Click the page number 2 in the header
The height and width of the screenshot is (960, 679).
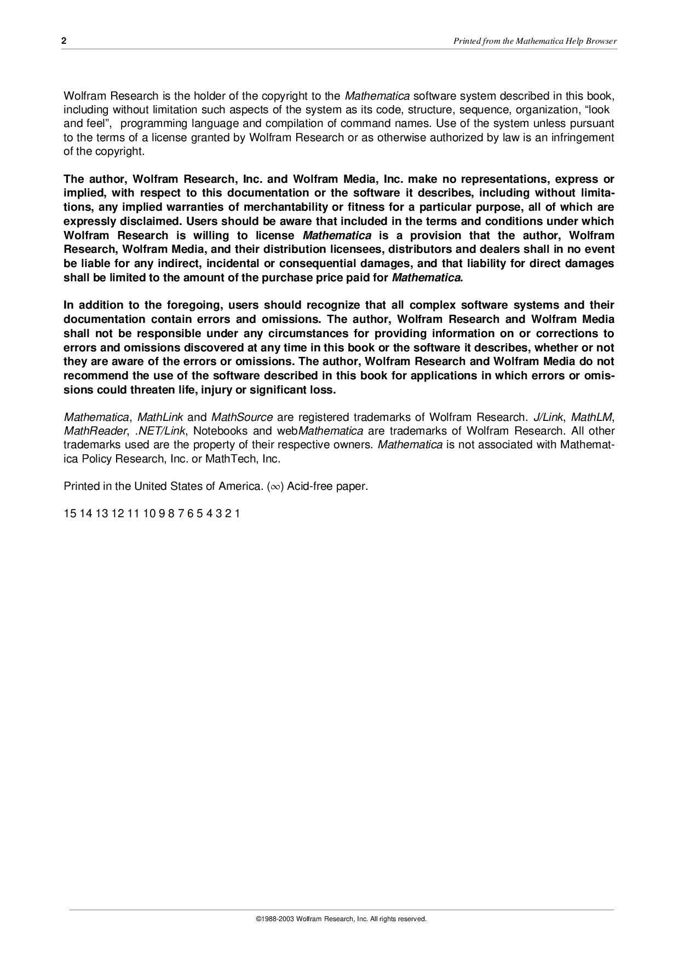[64, 41]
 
